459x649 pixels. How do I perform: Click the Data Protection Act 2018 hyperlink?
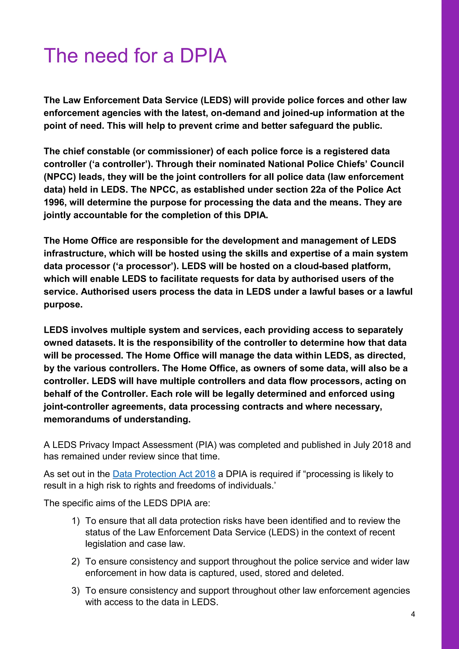click(164, 474)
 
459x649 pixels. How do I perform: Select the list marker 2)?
click(76, 561)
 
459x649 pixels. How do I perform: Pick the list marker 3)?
click(76, 591)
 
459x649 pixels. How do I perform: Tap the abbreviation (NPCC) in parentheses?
click(60, 177)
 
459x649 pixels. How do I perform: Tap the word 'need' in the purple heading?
click(106, 56)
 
